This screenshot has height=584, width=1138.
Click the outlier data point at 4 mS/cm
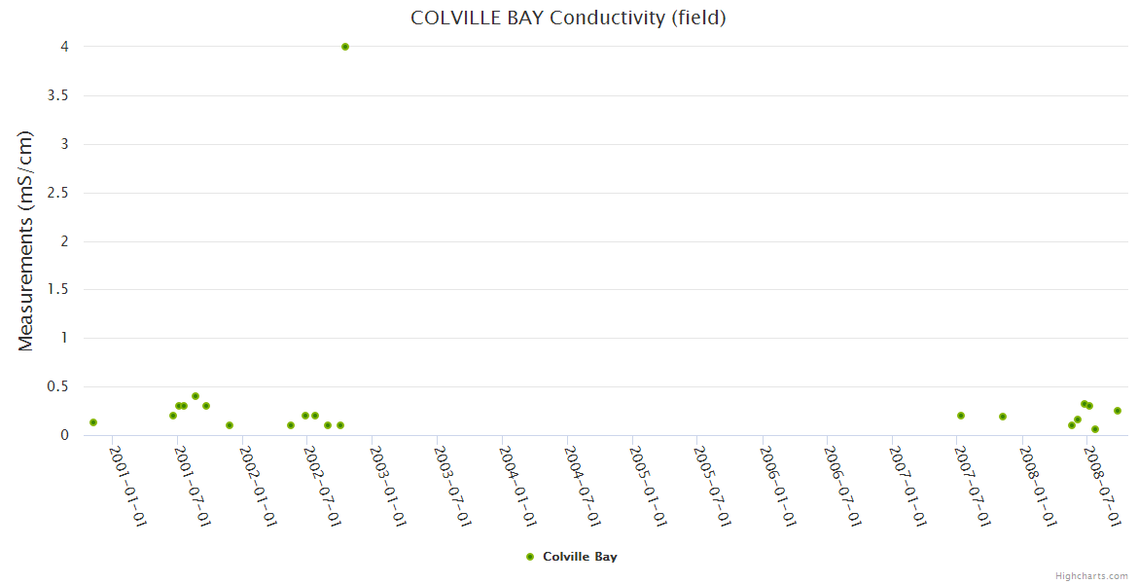click(x=345, y=47)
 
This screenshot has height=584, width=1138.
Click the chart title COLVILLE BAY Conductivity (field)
click(x=568, y=18)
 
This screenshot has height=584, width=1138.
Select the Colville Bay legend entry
click(x=580, y=557)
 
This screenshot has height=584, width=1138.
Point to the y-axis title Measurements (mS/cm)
click(x=26, y=240)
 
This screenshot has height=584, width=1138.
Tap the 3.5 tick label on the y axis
click(x=58, y=95)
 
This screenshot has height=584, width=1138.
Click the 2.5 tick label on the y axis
click(x=58, y=193)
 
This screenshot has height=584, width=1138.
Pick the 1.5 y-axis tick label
click(x=58, y=290)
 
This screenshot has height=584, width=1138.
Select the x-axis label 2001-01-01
click(x=127, y=487)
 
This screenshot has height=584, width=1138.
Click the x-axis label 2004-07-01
click(x=584, y=487)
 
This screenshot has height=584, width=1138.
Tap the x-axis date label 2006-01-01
click(x=779, y=487)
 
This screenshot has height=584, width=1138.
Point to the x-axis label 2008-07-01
click(x=1105, y=487)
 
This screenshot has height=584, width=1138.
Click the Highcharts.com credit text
click(x=1091, y=576)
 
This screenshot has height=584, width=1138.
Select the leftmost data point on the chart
click(x=93, y=422)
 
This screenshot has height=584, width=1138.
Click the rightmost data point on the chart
click(x=1118, y=411)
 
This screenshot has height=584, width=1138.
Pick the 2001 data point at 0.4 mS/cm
click(x=196, y=396)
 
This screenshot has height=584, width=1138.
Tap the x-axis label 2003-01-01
click(x=388, y=487)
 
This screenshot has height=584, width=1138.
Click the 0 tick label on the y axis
click(x=65, y=435)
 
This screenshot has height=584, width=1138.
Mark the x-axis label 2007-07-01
click(x=975, y=487)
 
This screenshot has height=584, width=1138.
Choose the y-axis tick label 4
click(x=65, y=47)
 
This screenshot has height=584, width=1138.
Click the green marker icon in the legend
click(x=530, y=557)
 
